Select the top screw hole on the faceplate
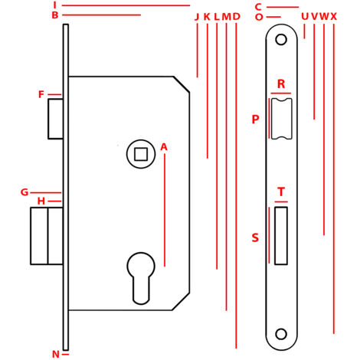point(281,40)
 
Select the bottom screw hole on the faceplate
point(281,334)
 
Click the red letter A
point(164,147)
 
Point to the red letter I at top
point(54,5)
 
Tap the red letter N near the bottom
point(56,354)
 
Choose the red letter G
point(25,192)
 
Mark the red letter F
point(41,94)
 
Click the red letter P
point(255,119)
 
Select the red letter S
point(255,237)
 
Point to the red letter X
point(334,17)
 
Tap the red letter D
point(237,17)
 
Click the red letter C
point(258,7)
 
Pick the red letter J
point(197,17)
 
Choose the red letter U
point(305,17)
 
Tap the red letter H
point(41,201)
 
